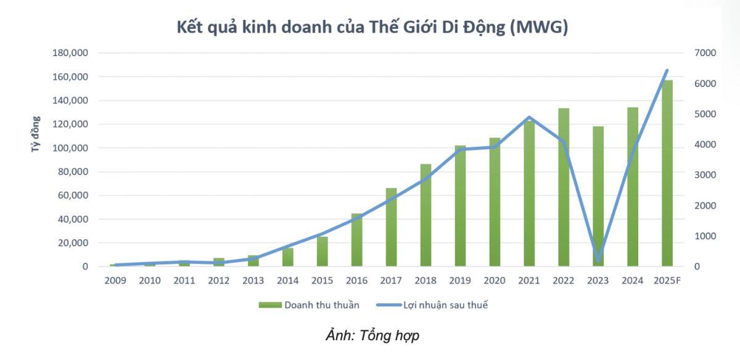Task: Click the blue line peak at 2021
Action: click(x=529, y=117)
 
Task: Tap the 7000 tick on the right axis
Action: click(x=705, y=54)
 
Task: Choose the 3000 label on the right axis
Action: click(x=705, y=175)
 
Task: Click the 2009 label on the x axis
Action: click(x=115, y=281)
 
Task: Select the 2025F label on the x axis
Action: click(x=667, y=281)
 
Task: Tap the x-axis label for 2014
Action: click(x=287, y=281)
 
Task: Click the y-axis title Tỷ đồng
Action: click(x=36, y=134)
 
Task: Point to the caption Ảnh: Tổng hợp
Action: click(x=372, y=336)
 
